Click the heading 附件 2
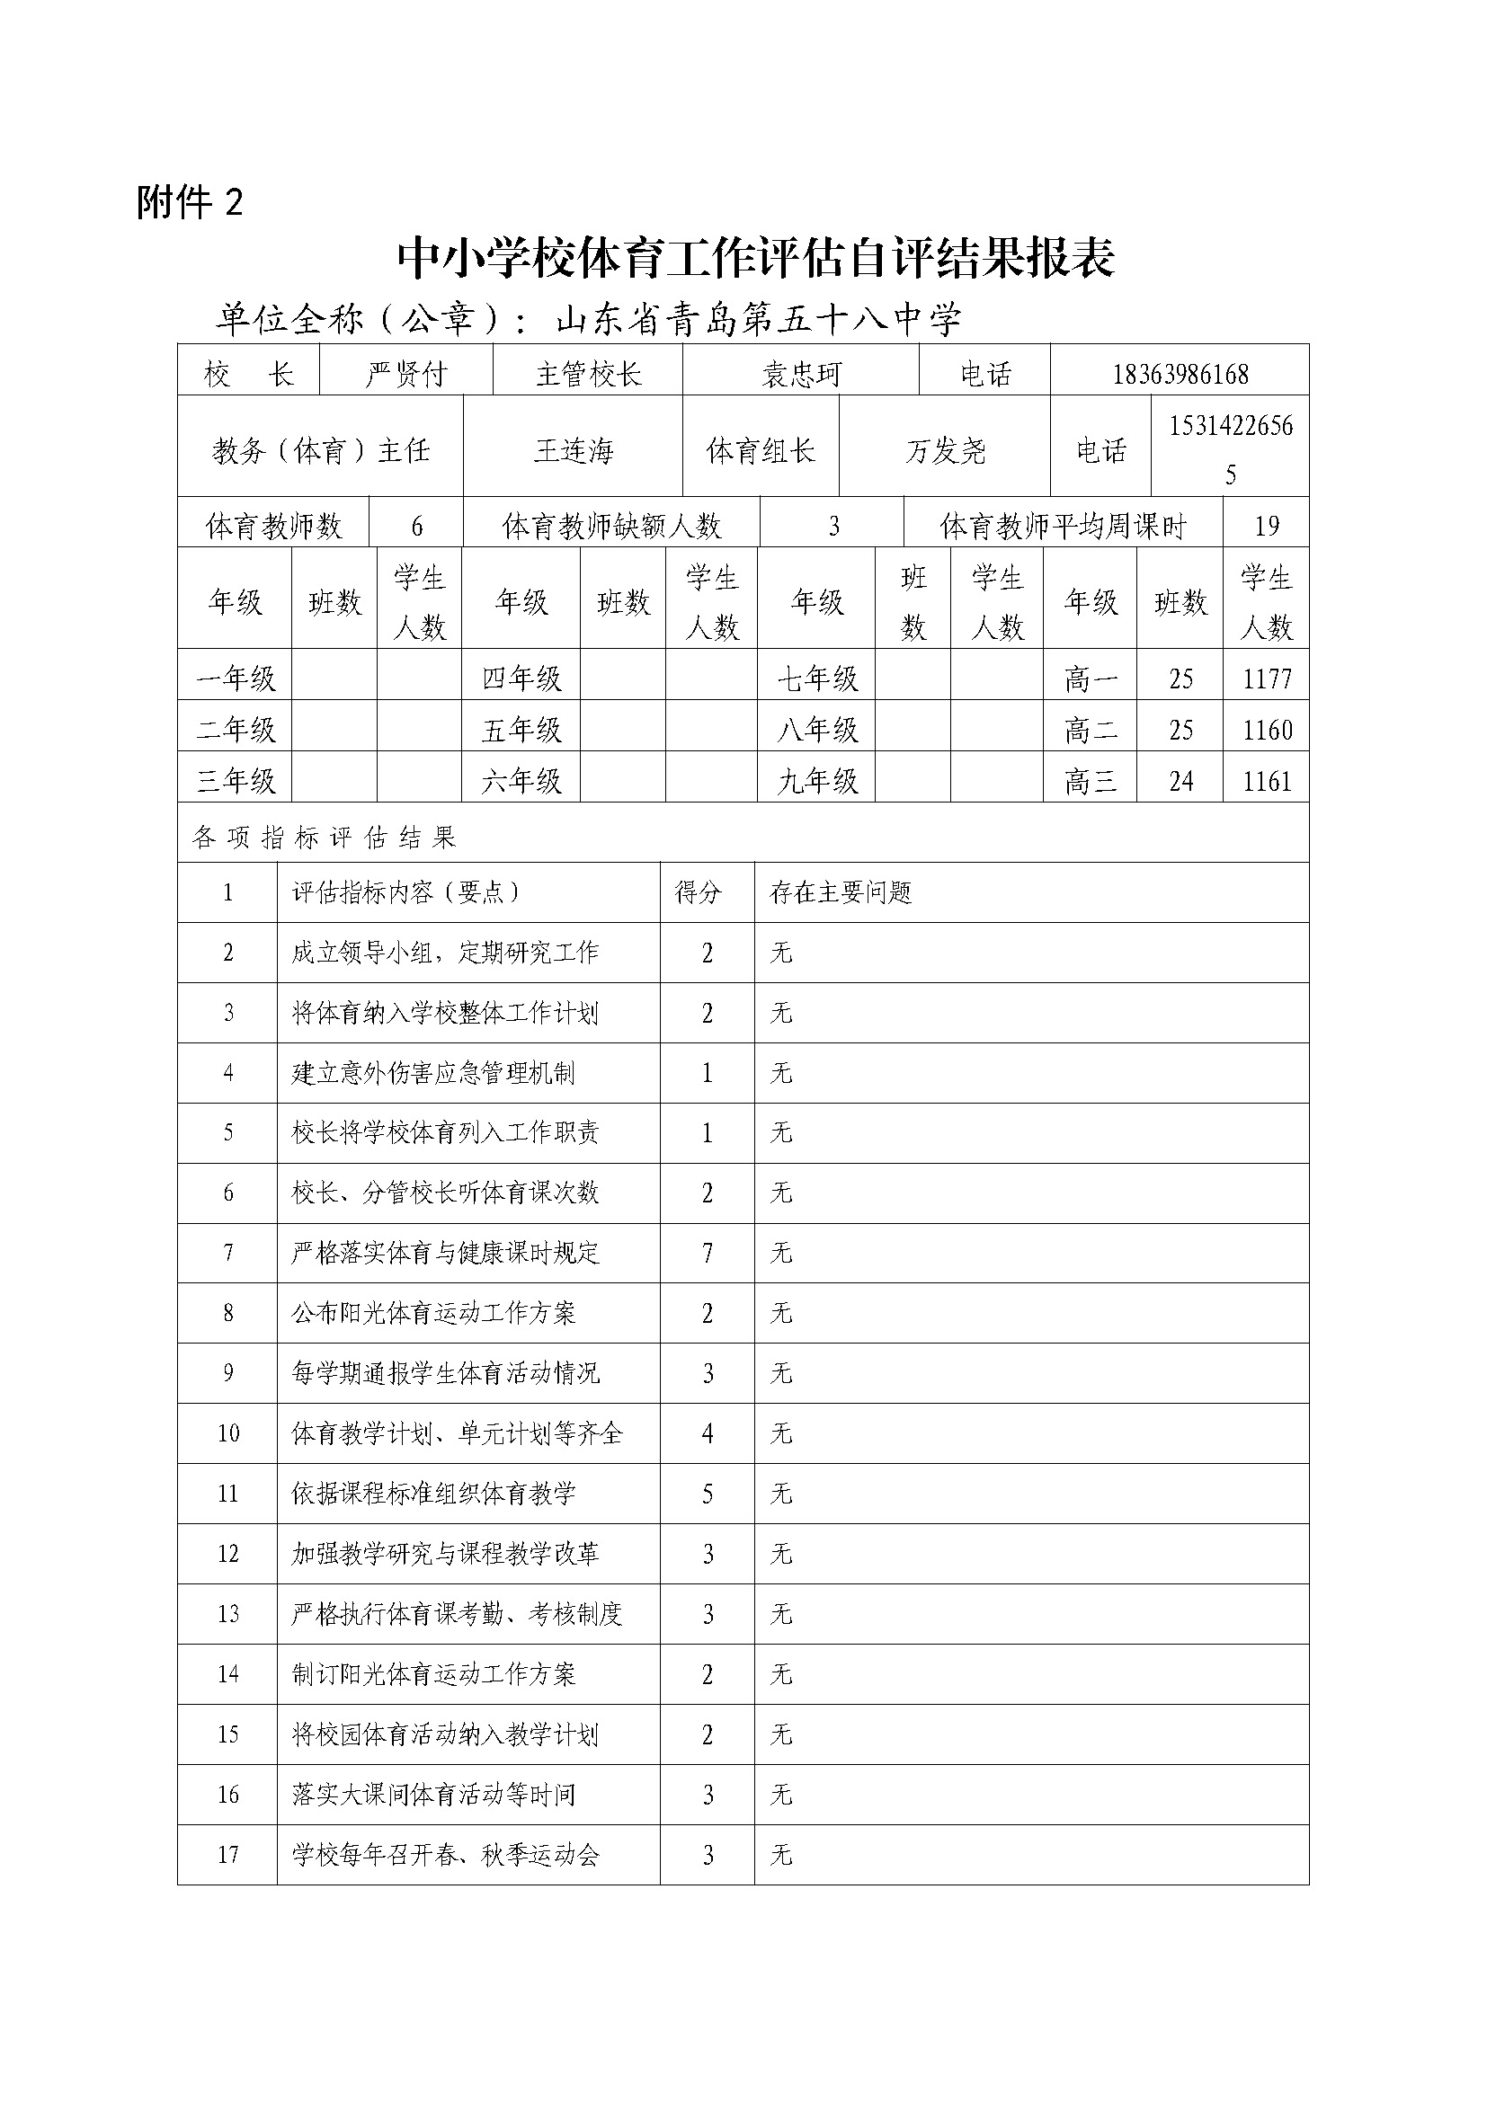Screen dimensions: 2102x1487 point(190,202)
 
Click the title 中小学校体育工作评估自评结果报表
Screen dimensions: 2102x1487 point(755,259)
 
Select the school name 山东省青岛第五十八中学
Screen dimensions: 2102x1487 point(759,319)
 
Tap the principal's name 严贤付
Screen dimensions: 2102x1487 point(405,374)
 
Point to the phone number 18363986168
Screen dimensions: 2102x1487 point(1180,374)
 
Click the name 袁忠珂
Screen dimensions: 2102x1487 point(800,374)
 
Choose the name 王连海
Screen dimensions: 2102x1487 point(574,450)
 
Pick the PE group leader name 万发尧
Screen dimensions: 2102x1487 point(945,450)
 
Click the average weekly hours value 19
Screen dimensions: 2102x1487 point(1266,526)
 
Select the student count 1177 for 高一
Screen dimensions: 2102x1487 point(1267,678)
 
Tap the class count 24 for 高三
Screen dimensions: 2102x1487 point(1180,781)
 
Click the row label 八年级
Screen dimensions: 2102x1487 point(816,730)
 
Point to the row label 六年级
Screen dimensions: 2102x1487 point(521,781)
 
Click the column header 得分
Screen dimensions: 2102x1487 point(698,892)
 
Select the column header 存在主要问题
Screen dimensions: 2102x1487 point(841,892)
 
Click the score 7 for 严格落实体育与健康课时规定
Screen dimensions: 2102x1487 point(707,1253)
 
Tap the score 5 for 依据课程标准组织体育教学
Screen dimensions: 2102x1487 point(707,1494)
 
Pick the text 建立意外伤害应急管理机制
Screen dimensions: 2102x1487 point(433,1073)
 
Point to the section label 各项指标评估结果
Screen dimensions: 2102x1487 point(325,837)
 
